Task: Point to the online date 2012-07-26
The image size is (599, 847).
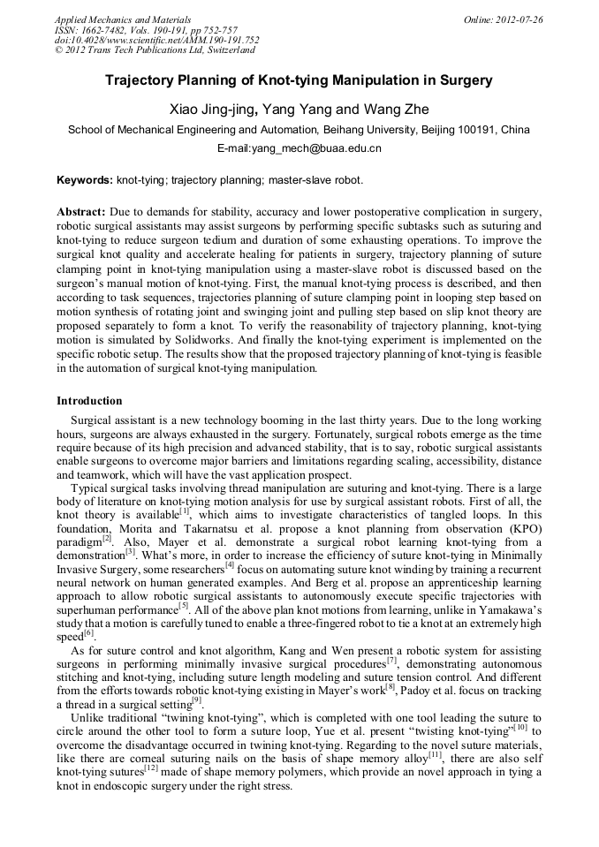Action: coord(516,19)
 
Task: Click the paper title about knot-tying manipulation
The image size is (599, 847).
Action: coord(299,80)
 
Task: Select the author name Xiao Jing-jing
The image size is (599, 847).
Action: coord(213,110)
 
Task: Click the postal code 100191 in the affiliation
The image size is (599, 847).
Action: coord(469,130)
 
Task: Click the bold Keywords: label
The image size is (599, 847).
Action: coord(85,179)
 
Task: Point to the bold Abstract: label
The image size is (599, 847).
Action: coord(81,213)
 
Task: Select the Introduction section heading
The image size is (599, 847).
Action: coord(89,401)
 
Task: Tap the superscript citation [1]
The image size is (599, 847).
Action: coord(184,510)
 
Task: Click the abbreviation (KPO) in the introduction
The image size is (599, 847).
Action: coord(521,526)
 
